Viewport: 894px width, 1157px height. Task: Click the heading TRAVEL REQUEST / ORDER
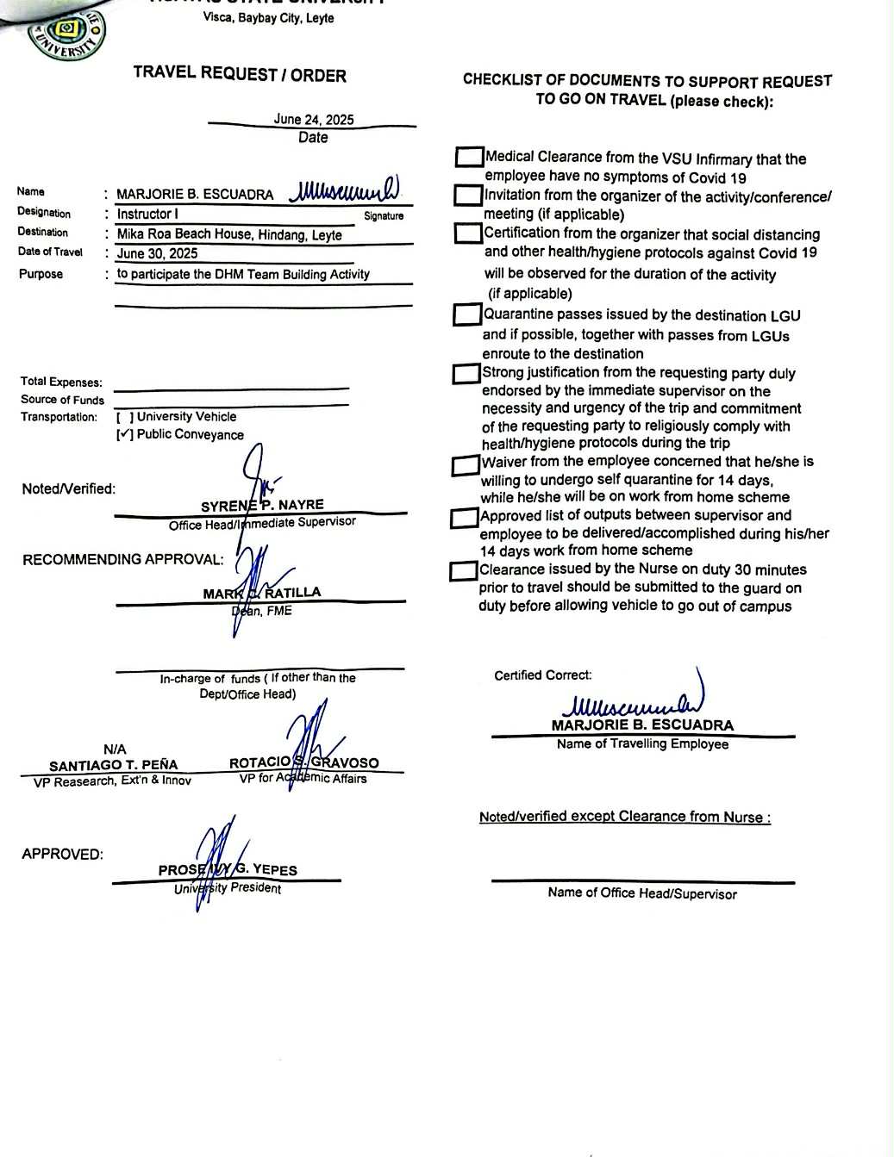(240, 75)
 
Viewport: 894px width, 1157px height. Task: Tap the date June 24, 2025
(313, 120)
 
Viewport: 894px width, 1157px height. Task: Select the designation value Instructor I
(147, 214)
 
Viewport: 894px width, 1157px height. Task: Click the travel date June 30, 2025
(157, 253)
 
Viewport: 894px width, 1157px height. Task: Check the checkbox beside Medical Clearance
(469, 158)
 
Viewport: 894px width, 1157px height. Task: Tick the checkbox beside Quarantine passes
(466, 315)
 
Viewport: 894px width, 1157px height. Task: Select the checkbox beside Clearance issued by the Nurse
(463, 571)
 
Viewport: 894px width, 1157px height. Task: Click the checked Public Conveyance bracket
(125, 435)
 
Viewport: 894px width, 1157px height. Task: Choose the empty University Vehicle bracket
(125, 417)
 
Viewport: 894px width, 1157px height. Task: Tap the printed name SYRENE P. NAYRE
(262, 506)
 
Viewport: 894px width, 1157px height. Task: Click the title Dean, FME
(262, 611)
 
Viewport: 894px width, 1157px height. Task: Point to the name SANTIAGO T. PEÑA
(114, 765)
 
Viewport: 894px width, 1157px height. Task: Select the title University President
(228, 888)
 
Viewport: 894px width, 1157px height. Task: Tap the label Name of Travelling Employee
(642, 743)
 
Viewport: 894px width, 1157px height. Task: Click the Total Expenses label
(61, 382)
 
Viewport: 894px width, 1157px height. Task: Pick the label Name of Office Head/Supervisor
(642, 893)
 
